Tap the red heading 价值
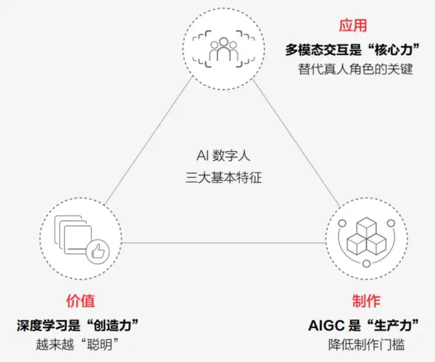[x=80, y=301]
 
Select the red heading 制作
[x=366, y=301]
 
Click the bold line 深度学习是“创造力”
[x=78, y=325]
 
